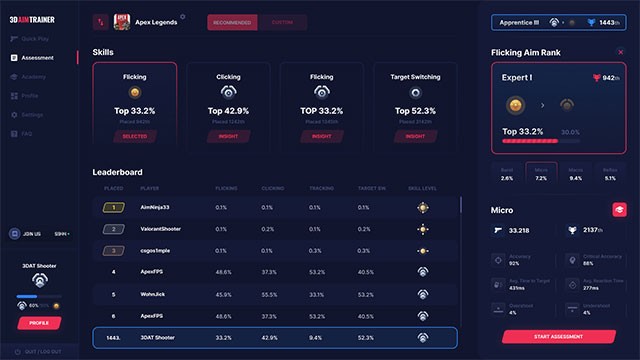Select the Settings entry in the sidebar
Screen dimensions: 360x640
32,115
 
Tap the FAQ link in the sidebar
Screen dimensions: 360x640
26,133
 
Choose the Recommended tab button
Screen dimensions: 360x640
232,22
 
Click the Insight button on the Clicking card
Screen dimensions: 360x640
228,136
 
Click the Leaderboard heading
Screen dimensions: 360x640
117,172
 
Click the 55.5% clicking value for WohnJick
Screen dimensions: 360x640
269,294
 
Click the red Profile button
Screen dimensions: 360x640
40,323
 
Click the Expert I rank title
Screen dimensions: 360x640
518,76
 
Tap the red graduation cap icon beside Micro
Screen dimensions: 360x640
619,209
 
